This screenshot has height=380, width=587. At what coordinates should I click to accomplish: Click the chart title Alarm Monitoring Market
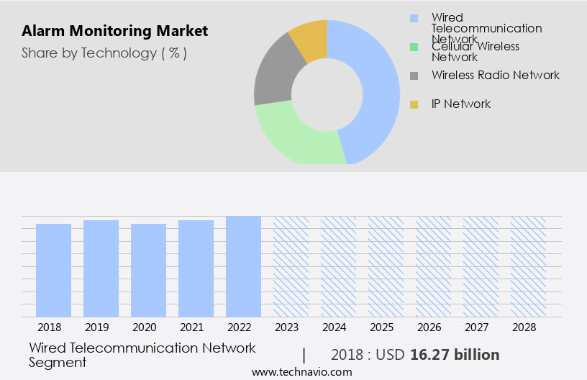point(114,31)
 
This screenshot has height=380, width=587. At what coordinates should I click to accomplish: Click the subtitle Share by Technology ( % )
point(104,53)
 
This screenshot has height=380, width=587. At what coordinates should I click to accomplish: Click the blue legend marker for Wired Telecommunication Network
point(414,18)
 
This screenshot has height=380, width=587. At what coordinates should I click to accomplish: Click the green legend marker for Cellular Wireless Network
point(414,47)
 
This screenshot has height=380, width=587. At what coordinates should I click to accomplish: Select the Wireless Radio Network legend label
point(495,75)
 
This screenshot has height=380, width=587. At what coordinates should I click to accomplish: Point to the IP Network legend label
point(460,104)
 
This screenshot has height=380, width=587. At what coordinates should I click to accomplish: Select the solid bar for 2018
point(54,270)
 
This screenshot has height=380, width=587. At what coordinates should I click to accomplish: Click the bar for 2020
point(149,270)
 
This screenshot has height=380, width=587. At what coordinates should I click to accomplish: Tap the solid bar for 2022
point(243,266)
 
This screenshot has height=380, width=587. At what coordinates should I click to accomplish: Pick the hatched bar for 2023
point(291,266)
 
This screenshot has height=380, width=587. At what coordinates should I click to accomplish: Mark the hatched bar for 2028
point(528,266)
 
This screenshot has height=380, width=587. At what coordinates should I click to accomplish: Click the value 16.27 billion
point(455,355)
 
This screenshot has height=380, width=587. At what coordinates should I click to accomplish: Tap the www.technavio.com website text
point(302,372)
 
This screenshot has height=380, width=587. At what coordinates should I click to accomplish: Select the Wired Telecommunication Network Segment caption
point(142,355)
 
